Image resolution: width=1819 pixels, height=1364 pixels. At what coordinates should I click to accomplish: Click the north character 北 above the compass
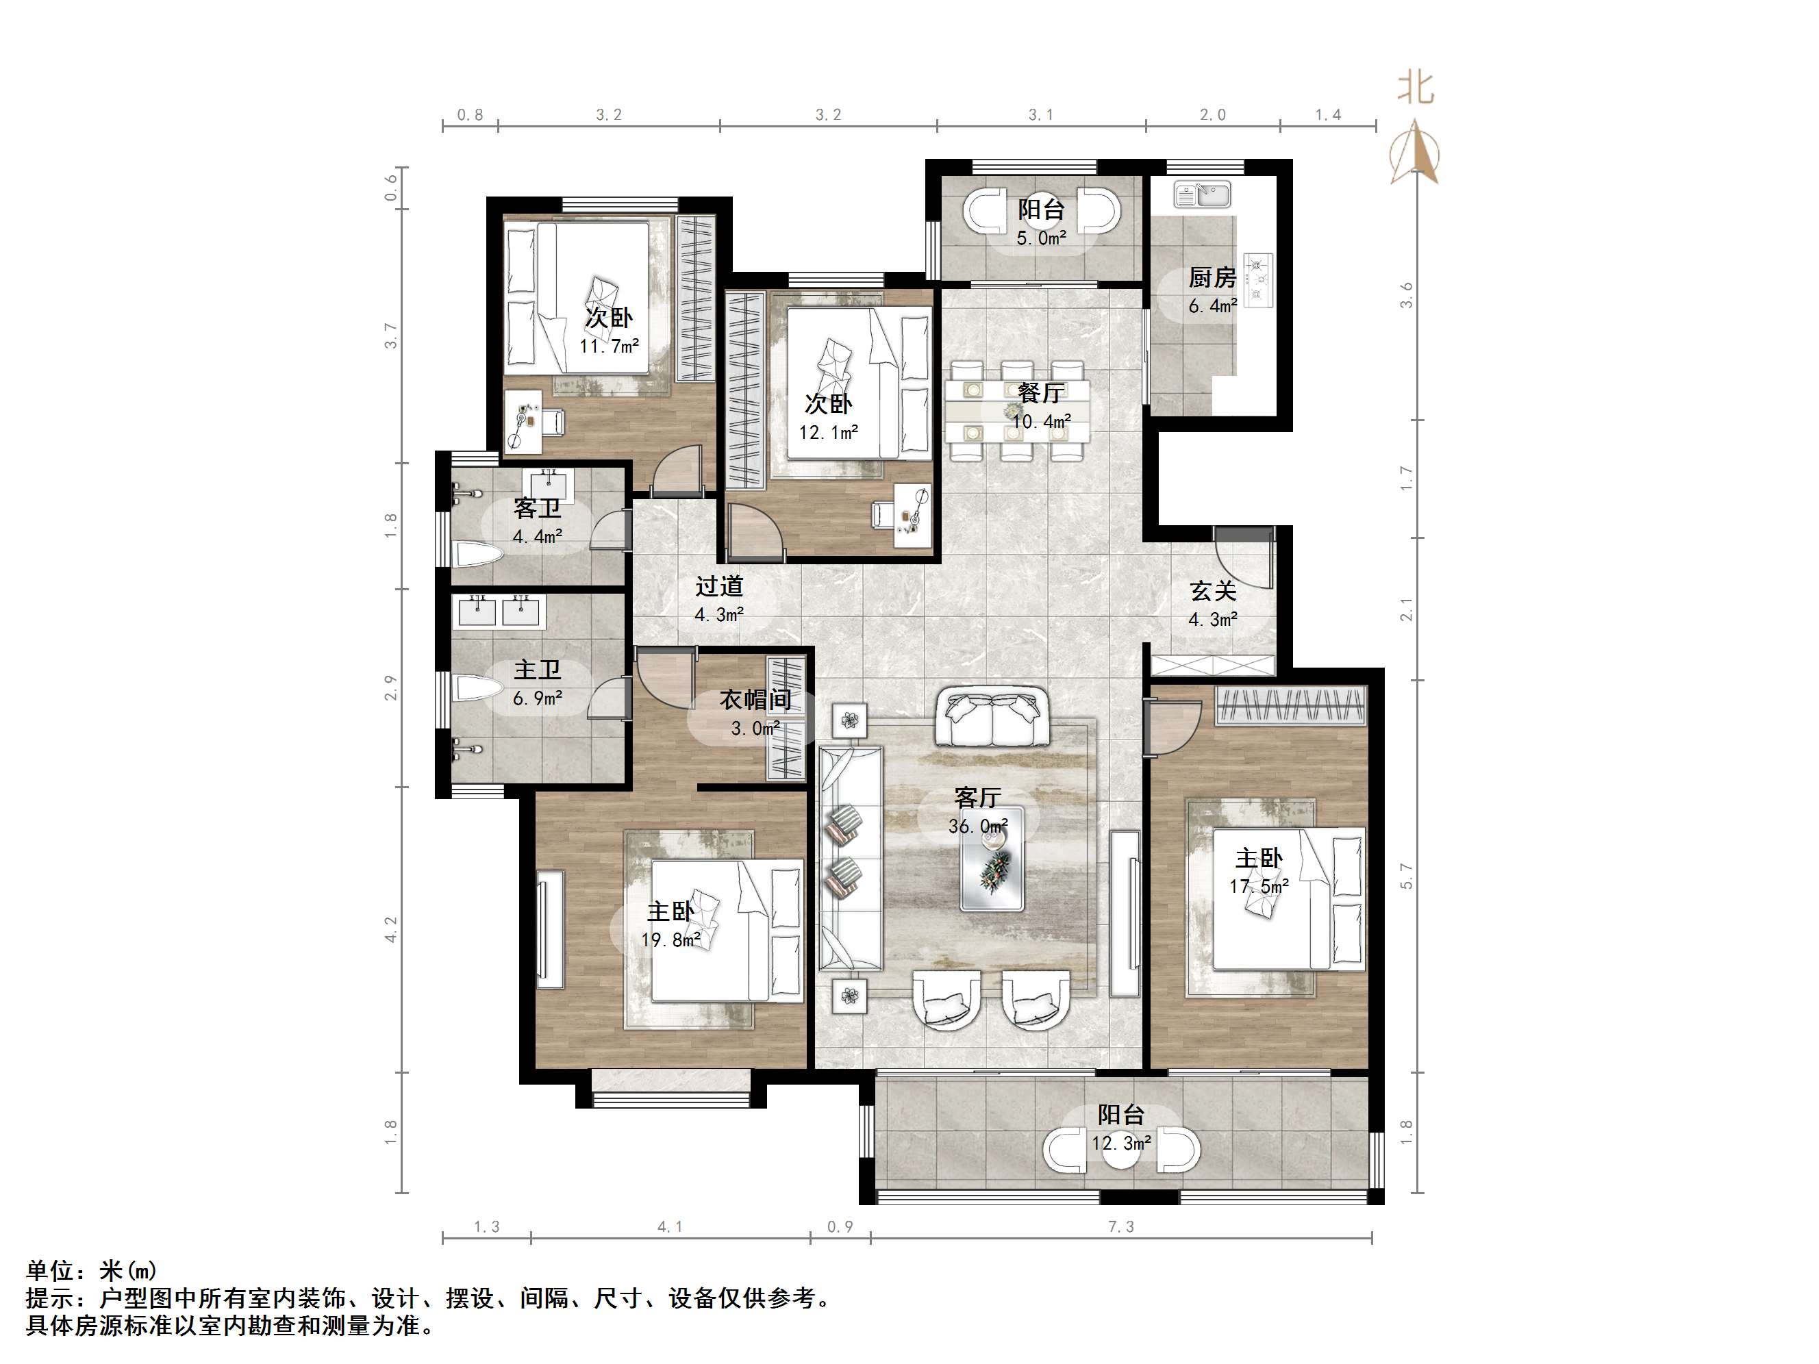[x=1415, y=88]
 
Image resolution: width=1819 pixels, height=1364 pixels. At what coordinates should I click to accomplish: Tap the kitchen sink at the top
[x=1201, y=194]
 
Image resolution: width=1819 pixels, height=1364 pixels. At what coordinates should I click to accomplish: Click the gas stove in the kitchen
[x=1258, y=279]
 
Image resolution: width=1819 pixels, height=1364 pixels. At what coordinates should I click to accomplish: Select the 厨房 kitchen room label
[x=1212, y=278]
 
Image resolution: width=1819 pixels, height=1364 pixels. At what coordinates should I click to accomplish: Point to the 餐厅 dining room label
[x=1041, y=393]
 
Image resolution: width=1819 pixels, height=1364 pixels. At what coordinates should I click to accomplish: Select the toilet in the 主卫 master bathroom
[x=478, y=687]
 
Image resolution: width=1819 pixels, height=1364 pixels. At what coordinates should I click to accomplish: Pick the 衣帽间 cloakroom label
[x=755, y=700]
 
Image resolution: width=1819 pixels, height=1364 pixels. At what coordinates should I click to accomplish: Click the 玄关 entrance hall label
[x=1213, y=591]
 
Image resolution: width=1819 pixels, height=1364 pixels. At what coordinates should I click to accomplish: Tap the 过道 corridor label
[x=720, y=586]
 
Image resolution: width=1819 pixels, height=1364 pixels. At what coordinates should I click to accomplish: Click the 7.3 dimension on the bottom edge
[x=1121, y=1226]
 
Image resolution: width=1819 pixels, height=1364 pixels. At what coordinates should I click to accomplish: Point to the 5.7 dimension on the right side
[x=1406, y=876]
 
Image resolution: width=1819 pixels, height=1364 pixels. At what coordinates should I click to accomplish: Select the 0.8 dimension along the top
[x=471, y=115]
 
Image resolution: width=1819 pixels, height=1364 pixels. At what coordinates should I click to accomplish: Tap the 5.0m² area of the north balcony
[x=1041, y=238]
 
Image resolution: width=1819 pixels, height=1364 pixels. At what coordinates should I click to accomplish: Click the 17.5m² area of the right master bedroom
[x=1259, y=886]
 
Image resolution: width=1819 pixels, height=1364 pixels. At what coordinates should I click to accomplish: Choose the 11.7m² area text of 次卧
[x=610, y=346]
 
